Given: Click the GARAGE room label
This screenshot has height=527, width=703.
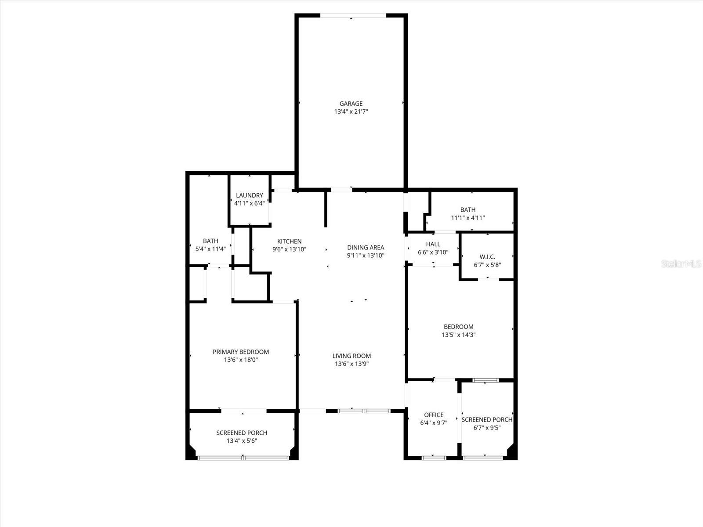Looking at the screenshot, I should tap(351, 104).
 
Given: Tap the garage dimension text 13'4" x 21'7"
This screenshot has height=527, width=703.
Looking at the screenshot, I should tap(351, 112).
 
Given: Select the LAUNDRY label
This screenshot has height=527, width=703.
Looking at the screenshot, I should tap(249, 195).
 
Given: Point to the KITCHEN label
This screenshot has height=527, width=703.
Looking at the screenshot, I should tap(289, 241).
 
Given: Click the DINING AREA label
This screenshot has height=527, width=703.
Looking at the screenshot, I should tap(366, 247).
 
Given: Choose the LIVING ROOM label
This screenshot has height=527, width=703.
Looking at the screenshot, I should tap(351, 356).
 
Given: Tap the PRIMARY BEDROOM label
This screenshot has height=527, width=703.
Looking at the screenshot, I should tap(241, 352).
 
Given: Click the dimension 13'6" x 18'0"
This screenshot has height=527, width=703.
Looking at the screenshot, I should tap(241, 360).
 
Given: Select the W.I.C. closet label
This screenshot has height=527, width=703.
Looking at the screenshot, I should tap(487, 257).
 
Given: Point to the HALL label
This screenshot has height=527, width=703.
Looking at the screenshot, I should tap(433, 244).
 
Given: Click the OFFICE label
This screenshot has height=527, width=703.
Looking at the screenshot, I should tap(434, 415).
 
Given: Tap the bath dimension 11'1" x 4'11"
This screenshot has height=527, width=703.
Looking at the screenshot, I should tap(468, 218).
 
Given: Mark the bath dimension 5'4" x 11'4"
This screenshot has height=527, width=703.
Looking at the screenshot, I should tap(210, 249).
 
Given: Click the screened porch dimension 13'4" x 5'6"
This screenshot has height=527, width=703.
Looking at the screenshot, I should tap(241, 441).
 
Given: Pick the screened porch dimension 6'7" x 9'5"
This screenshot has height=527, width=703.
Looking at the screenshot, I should tap(487, 428).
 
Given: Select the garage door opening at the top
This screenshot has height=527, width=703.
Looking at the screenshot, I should tap(353, 16).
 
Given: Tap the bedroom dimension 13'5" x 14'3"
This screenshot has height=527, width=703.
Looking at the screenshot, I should tap(459, 335).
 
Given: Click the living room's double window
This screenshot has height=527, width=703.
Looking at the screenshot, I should tap(364, 411).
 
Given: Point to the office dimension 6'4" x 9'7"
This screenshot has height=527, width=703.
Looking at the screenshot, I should tap(434, 423).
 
